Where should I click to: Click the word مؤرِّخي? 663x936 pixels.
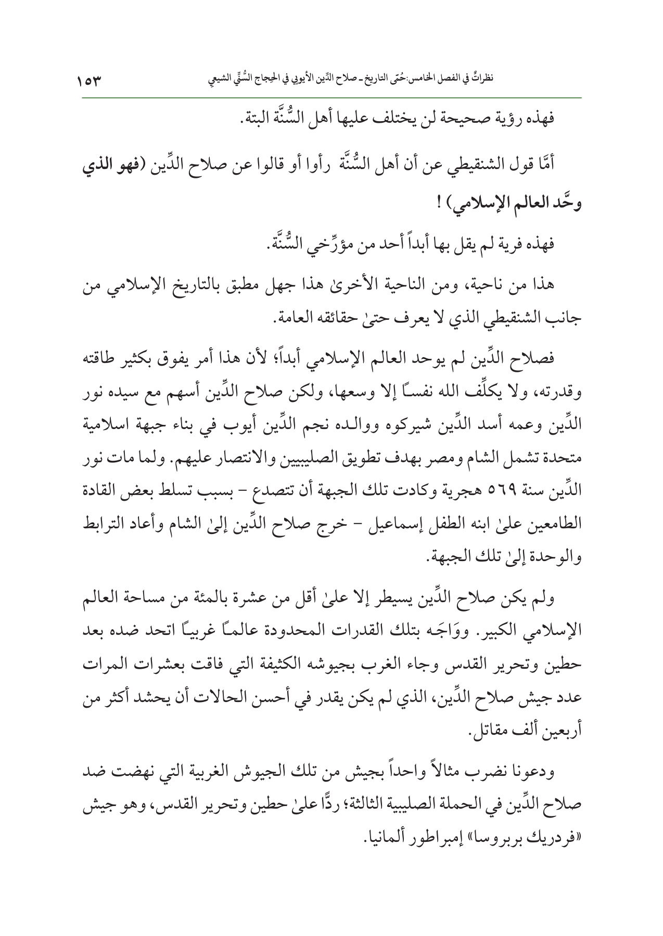click(329, 242)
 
